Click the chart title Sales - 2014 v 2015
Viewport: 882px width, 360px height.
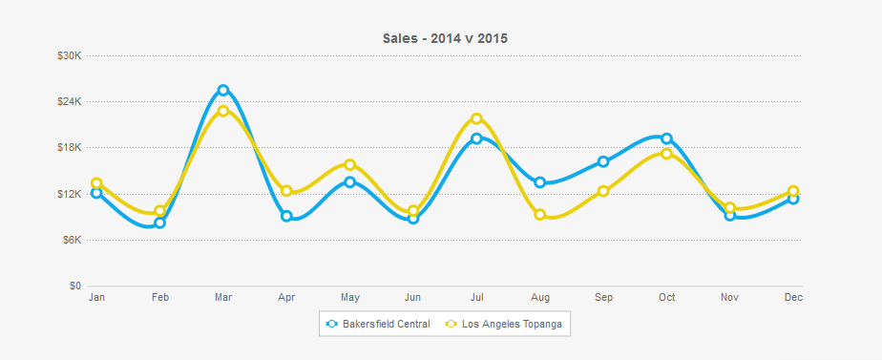click(445, 38)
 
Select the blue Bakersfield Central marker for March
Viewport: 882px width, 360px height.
click(223, 91)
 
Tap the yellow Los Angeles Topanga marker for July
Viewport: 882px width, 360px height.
click(476, 118)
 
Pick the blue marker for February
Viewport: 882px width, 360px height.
click(160, 223)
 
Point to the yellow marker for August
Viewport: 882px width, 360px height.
click(540, 215)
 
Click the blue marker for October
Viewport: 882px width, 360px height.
click(666, 138)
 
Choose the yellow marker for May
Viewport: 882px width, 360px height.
click(350, 164)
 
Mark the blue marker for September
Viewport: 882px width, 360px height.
click(603, 161)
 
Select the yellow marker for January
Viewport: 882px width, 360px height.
click(96, 183)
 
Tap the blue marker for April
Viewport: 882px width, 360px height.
click(286, 216)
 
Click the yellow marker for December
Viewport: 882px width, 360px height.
click(793, 191)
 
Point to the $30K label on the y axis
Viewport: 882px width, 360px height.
click(70, 55)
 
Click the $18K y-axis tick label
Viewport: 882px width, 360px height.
click(70, 147)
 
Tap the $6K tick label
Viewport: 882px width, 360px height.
click(73, 240)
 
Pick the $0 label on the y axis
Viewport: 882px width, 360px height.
click(75, 286)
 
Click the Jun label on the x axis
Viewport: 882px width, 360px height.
click(413, 298)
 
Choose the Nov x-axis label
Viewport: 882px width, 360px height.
click(729, 298)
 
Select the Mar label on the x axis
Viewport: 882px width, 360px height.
click(223, 298)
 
